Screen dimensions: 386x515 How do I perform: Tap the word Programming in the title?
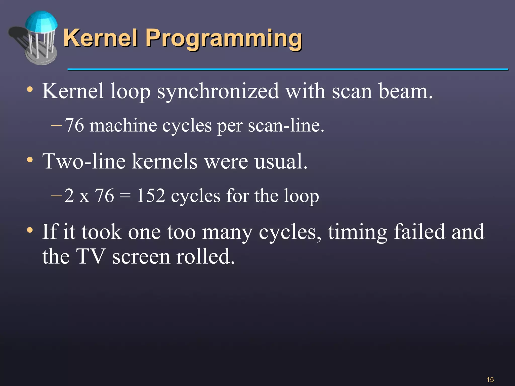click(x=224, y=39)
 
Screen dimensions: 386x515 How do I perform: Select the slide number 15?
click(x=490, y=379)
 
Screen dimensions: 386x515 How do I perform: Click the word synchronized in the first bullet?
click(x=218, y=92)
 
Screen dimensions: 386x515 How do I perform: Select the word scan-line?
click(x=286, y=126)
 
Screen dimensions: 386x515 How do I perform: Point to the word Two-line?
click(x=84, y=161)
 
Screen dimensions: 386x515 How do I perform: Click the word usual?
click(x=281, y=161)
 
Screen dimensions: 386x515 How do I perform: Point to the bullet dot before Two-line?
click(x=30, y=160)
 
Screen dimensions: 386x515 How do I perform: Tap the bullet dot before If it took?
click(x=30, y=230)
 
